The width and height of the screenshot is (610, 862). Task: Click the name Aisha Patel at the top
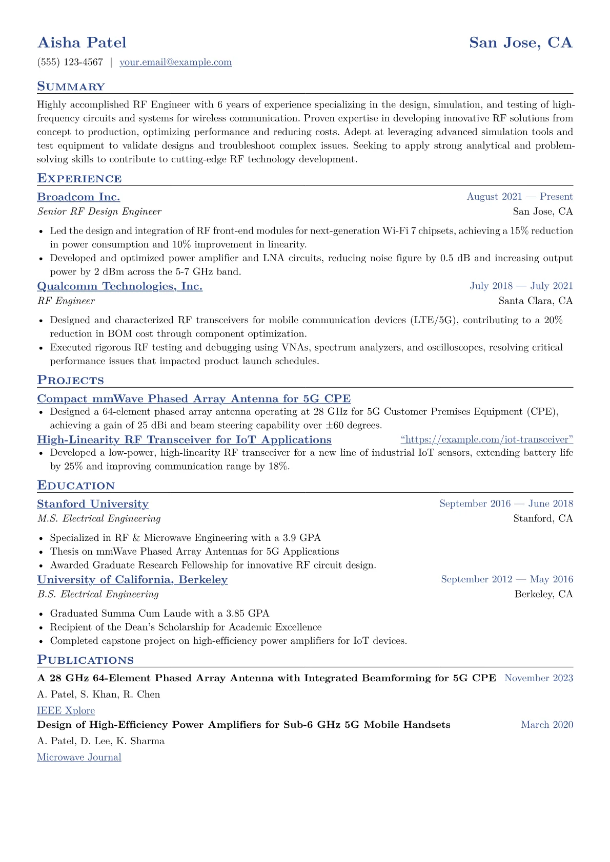pos(82,43)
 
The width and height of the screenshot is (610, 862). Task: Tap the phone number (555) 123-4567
pos(70,62)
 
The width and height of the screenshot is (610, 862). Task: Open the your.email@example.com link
pos(175,62)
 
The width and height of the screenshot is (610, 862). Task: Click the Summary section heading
pos(71,87)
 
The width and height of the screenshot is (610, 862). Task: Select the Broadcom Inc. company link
pos(78,197)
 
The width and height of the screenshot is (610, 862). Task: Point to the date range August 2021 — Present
pos(519,197)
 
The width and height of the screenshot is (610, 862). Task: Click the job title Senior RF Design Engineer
pos(99,212)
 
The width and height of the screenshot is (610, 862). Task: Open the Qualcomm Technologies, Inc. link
pos(119,286)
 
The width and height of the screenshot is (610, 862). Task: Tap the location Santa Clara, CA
pos(535,301)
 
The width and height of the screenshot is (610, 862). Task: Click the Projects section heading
pos(70,380)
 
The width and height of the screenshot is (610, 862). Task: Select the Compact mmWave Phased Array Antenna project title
pos(194,398)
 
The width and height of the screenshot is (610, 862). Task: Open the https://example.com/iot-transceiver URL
pos(486,439)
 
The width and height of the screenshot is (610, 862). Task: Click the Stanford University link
pos(93,504)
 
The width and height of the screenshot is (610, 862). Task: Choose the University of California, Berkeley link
pos(132,579)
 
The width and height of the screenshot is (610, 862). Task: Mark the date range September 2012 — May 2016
pos(506,579)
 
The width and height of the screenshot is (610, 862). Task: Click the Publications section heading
pos(85,660)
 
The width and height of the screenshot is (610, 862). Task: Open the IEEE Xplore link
pos(66,710)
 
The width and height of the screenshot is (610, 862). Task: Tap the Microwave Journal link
pos(79,757)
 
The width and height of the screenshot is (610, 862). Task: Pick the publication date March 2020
pos(546,725)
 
